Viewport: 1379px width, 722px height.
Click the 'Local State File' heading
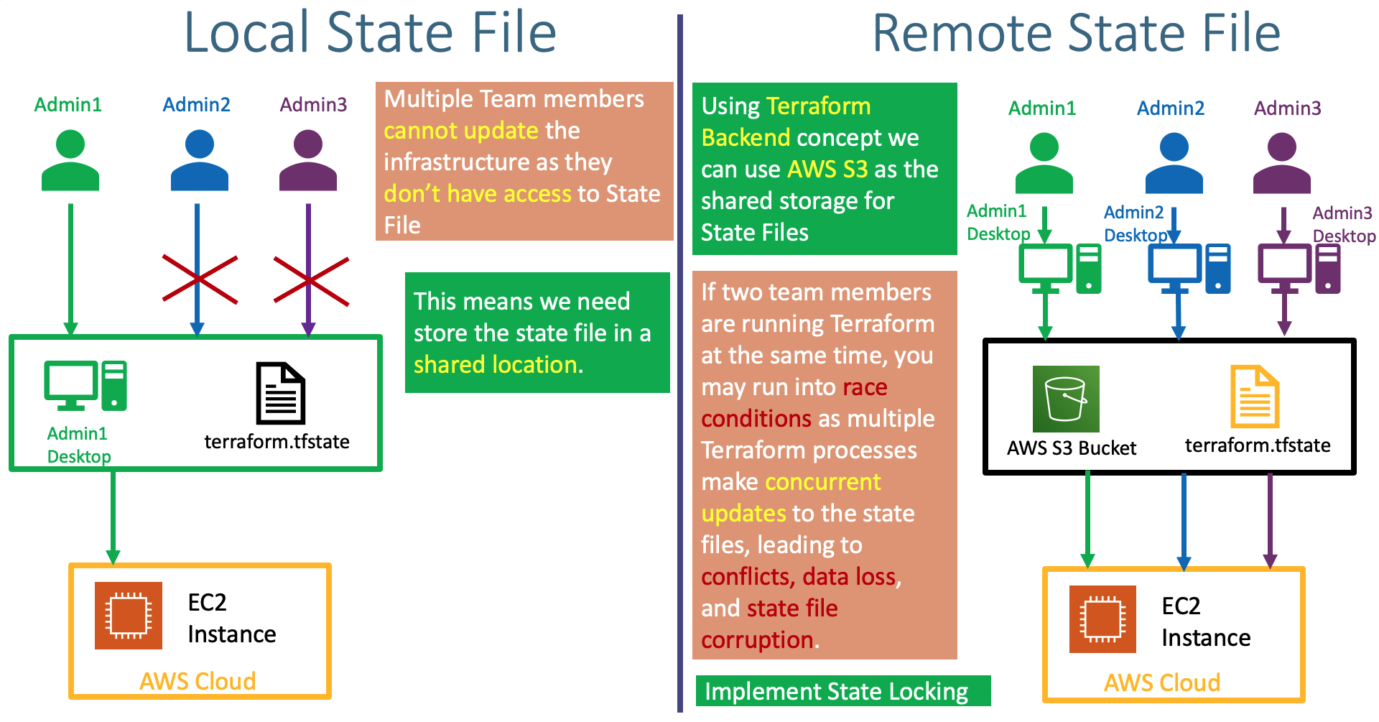pos(370,33)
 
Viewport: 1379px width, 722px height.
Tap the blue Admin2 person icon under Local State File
pos(199,159)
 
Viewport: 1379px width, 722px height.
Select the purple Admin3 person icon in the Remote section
pos(1281,163)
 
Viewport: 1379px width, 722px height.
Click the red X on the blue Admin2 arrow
pos(200,279)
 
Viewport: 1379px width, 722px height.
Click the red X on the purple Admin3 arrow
pos(310,281)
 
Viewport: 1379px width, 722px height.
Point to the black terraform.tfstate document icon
pos(281,393)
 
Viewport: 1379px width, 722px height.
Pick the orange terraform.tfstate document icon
pos(1254,397)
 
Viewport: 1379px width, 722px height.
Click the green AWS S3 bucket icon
pos(1065,399)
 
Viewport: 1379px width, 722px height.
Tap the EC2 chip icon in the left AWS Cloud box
pos(128,616)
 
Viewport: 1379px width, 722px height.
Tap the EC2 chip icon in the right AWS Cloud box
pos(1102,619)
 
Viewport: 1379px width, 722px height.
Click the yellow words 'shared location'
pos(496,365)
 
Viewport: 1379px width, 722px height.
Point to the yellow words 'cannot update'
pos(460,131)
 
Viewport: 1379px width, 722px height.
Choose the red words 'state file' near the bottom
pos(792,608)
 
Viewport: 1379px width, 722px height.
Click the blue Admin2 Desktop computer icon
pos(1189,268)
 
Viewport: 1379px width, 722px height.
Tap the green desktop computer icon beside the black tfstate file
pos(85,386)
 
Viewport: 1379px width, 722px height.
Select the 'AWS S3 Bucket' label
pos(1071,448)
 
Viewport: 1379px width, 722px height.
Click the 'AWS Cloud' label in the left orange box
pos(198,681)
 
